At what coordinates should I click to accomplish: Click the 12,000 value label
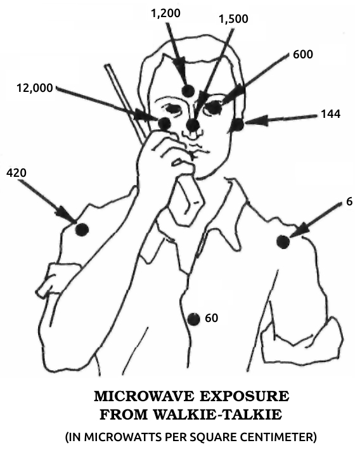35,88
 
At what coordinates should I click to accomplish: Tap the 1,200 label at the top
165,13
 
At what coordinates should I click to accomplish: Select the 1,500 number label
233,19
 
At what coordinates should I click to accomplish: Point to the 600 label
303,55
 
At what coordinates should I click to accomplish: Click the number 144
330,114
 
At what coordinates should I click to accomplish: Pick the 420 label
16,173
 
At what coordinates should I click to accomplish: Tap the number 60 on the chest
211,318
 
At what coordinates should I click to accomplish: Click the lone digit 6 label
349,202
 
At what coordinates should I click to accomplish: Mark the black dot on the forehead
188,91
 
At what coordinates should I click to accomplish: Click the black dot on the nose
193,125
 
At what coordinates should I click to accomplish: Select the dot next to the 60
193,319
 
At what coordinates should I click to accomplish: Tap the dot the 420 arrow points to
82,229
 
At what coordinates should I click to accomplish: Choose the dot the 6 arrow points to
283,241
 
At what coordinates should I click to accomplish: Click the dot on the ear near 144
238,125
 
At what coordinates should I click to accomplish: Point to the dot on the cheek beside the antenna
165,124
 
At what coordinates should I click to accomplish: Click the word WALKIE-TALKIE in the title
217,414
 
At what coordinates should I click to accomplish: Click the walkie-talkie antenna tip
108,65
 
